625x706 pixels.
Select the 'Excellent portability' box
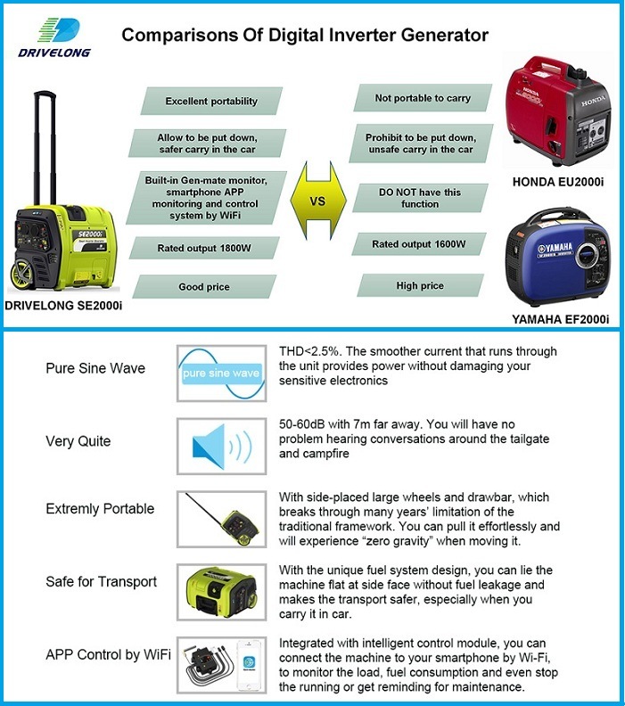212,101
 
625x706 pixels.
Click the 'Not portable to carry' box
423,98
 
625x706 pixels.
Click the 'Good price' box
205,287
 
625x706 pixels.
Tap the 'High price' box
421,285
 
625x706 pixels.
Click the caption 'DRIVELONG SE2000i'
63,306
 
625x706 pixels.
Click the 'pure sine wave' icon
221,373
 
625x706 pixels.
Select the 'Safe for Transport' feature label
102,582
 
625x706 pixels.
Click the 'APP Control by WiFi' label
106,655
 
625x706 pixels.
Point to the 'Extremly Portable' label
100,509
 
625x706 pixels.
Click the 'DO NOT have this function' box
421,198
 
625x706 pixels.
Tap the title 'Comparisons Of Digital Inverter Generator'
305,36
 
